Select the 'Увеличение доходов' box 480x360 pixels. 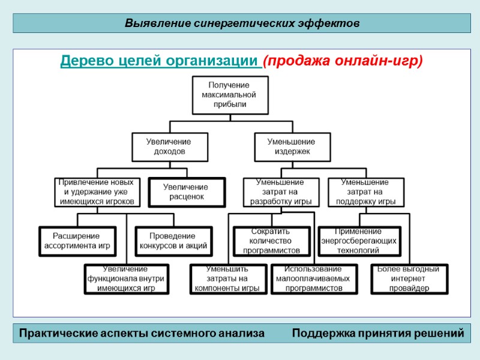(x=169, y=146)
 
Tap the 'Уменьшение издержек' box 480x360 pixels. (x=291, y=146)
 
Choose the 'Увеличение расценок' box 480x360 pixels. (x=186, y=192)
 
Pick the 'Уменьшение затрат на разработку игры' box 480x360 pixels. (x=280, y=192)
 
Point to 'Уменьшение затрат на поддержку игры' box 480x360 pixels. (x=365, y=192)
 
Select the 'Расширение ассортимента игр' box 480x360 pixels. (x=76, y=241)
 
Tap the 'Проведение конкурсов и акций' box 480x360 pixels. (x=173, y=241)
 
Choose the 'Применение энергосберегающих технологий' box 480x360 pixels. (x=358, y=241)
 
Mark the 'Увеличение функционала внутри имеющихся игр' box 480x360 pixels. (x=125, y=278)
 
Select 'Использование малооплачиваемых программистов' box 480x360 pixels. (x=309, y=278)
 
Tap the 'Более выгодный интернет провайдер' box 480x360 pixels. (x=409, y=278)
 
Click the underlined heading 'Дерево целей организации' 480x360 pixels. (x=160, y=62)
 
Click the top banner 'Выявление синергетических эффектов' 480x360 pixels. (x=242, y=23)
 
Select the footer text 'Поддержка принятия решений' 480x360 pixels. (x=378, y=333)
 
